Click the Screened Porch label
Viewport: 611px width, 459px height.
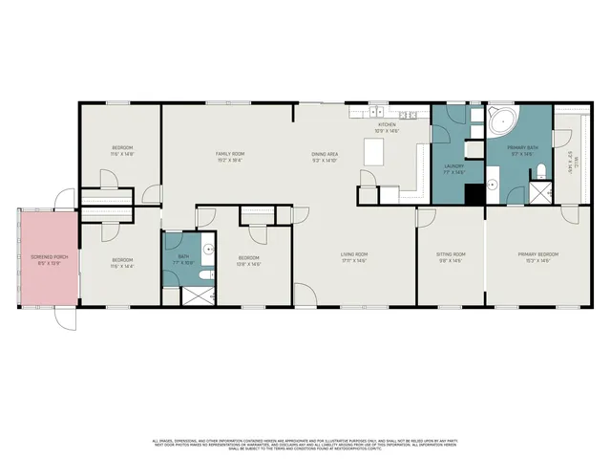coord(46,255)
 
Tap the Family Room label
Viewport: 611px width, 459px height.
coord(230,154)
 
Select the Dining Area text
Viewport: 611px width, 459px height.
coord(325,154)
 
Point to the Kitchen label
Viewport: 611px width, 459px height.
coord(387,124)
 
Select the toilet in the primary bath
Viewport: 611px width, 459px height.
coord(540,172)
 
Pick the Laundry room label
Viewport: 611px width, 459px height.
coord(453,165)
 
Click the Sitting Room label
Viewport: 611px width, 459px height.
coord(450,254)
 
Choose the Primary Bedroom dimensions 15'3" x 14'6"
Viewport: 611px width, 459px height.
coord(537,261)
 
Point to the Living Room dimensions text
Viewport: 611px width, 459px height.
coord(354,261)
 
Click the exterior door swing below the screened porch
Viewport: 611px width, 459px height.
coord(62,318)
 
